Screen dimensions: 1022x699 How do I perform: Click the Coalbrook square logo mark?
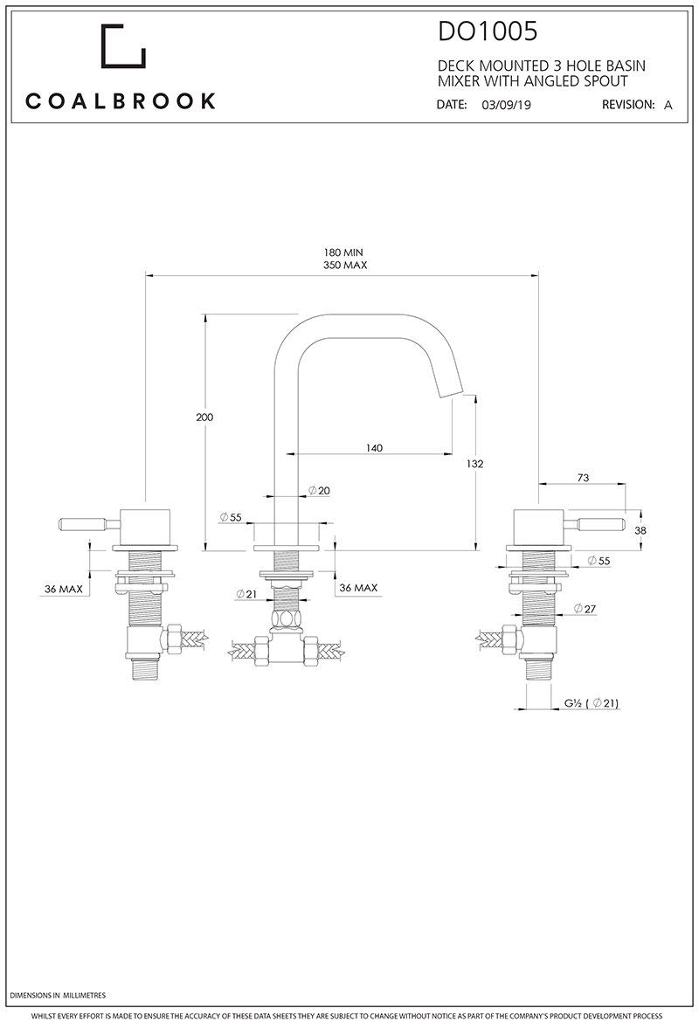click(x=123, y=47)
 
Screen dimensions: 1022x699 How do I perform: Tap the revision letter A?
click(x=668, y=104)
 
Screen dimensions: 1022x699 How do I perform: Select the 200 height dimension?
click(x=204, y=418)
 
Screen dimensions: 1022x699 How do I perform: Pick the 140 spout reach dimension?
click(x=374, y=447)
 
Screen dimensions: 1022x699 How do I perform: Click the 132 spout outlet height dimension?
click(x=475, y=464)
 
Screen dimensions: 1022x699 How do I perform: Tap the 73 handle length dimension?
click(x=584, y=478)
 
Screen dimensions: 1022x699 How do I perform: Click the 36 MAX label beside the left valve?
click(x=64, y=589)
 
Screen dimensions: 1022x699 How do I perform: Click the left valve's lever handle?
click(x=80, y=525)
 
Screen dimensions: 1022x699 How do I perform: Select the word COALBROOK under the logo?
click(x=121, y=101)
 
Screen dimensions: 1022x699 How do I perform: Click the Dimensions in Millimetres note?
click(x=59, y=995)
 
